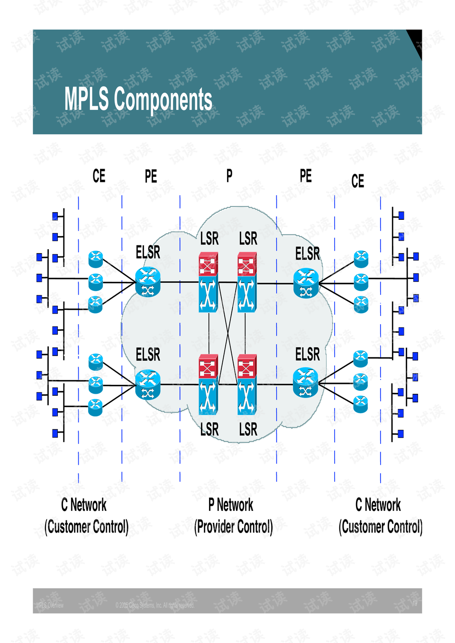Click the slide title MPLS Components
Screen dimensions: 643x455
(138, 100)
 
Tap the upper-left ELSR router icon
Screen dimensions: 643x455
(148, 282)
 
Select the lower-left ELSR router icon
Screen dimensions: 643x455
(148, 384)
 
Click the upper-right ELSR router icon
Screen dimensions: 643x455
(306, 283)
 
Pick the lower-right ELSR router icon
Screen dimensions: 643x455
(306, 383)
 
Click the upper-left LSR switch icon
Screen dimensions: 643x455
(208, 282)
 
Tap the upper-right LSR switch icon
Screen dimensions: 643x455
(247, 282)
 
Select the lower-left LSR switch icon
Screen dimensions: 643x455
(208, 384)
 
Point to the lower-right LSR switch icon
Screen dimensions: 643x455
(247, 384)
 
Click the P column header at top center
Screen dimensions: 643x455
(229, 176)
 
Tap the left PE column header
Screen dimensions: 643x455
(151, 177)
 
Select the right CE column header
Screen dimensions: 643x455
(358, 181)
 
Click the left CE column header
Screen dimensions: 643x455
(99, 176)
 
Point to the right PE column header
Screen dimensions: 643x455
(306, 176)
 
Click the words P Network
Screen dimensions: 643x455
(231, 505)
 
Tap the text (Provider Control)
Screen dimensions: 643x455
(234, 526)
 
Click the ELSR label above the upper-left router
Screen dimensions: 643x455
(148, 252)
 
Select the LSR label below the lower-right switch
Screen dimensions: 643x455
(248, 430)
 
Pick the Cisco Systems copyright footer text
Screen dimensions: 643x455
(155, 605)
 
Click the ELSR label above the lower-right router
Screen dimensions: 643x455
(308, 354)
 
